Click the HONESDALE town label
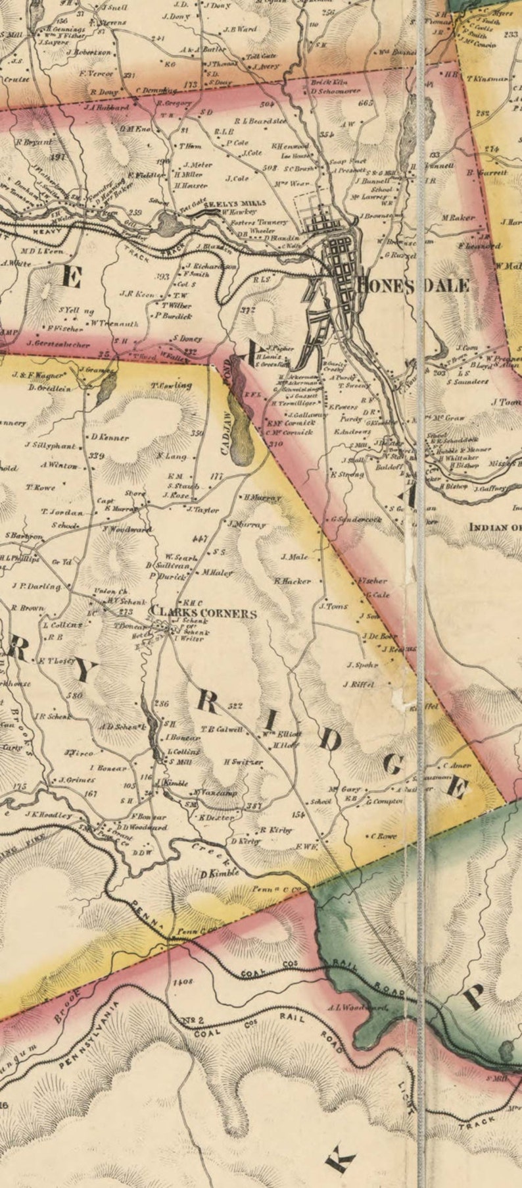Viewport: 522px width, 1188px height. pos(413,285)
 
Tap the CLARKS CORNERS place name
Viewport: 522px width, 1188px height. pos(203,613)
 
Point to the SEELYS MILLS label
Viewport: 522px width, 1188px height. pos(225,204)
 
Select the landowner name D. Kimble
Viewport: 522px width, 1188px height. pos(220,874)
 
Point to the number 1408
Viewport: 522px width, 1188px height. pos(183,981)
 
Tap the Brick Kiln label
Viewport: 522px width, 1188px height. pos(329,83)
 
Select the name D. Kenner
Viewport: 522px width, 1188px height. pos(109,438)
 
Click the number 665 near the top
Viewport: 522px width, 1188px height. pos(366,103)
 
